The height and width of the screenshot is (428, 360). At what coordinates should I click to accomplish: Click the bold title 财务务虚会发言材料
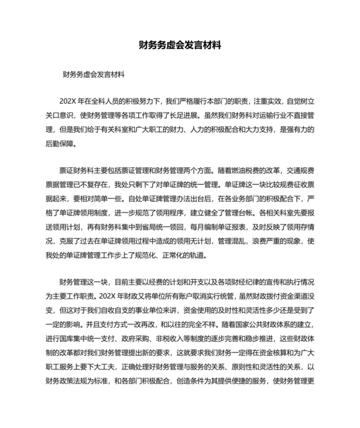point(180,46)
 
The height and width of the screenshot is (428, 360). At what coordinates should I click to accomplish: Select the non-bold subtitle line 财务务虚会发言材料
point(93,74)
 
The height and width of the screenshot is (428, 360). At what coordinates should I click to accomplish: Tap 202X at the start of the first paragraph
point(68,101)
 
